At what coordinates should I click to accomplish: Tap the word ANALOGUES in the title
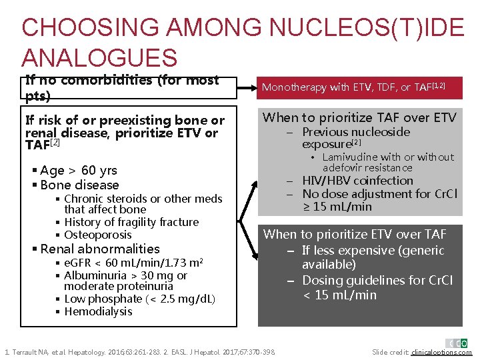pyautogui.click(x=100, y=57)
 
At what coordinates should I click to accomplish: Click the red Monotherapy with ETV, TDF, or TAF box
pyautogui.click(x=353, y=87)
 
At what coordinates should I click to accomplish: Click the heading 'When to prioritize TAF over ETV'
pyautogui.click(x=359, y=118)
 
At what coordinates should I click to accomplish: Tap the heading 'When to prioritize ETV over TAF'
pyautogui.click(x=355, y=234)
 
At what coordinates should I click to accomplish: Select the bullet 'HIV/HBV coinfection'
pyautogui.click(x=357, y=181)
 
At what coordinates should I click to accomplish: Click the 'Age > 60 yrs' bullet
pyautogui.click(x=78, y=170)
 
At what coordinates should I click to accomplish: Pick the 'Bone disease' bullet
pyautogui.click(x=79, y=185)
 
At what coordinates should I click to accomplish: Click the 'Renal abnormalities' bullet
pyautogui.click(x=100, y=249)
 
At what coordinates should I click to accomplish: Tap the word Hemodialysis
pyautogui.click(x=98, y=311)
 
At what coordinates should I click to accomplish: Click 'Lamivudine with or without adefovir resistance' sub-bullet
pyautogui.click(x=387, y=163)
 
